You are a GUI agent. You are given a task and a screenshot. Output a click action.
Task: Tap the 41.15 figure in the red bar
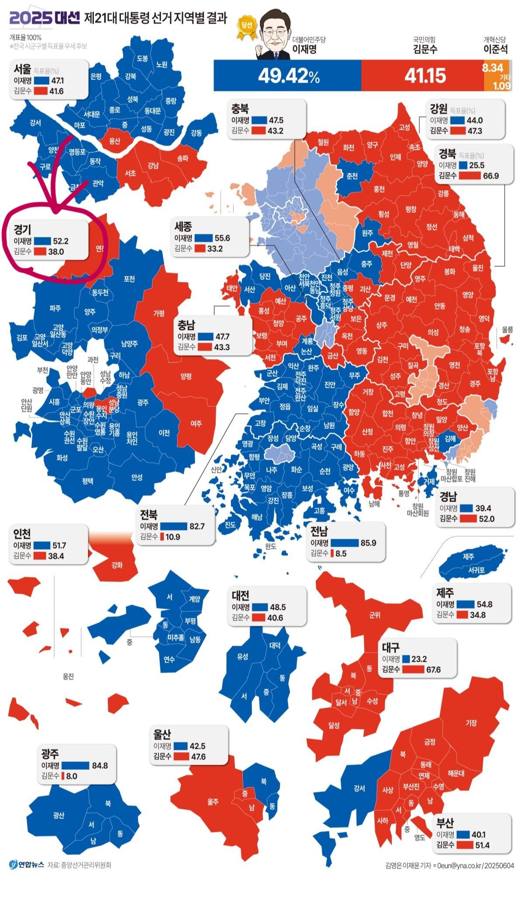[x=424, y=76]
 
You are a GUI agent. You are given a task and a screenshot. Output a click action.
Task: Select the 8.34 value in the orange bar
[x=492, y=68]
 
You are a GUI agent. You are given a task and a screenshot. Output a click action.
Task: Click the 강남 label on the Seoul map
[x=153, y=166]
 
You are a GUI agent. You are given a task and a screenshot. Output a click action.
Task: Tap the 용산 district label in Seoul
[x=114, y=141]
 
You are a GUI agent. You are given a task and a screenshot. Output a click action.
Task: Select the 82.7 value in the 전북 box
[x=196, y=526]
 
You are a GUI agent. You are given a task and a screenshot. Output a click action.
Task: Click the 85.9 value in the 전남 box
[x=368, y=543]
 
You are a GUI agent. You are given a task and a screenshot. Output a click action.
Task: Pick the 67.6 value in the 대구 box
[x=433, y=670]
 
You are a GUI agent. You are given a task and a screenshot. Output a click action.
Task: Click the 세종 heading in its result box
[x=183, y=226]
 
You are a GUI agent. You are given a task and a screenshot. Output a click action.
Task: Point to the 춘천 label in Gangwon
[x=352, y=176]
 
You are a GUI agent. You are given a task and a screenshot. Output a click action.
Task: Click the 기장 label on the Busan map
[x=471, y=723]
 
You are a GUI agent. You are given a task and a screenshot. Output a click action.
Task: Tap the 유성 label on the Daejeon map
[x=242, y=657]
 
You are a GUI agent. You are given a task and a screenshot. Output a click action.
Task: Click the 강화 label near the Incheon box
[x=117, y=565]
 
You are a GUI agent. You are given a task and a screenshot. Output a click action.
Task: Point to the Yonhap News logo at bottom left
[x=26, y=864]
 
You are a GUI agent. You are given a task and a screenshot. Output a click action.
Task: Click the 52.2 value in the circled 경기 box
[x=61, y=241]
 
